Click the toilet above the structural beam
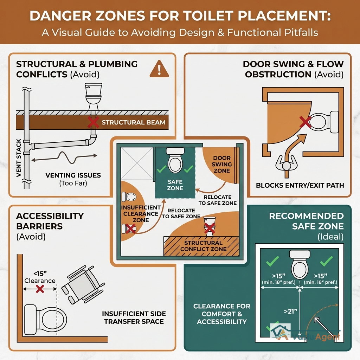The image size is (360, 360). coord(93,94)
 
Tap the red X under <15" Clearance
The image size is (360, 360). coord(40,289)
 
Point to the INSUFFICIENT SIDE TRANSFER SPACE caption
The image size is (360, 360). coord(134,317)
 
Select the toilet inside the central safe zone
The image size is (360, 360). coord(175,160)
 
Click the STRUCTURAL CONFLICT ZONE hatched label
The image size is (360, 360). coord(203,246)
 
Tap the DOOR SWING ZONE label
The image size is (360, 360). coord(221,165)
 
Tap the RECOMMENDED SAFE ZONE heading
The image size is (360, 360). coord(306,221)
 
